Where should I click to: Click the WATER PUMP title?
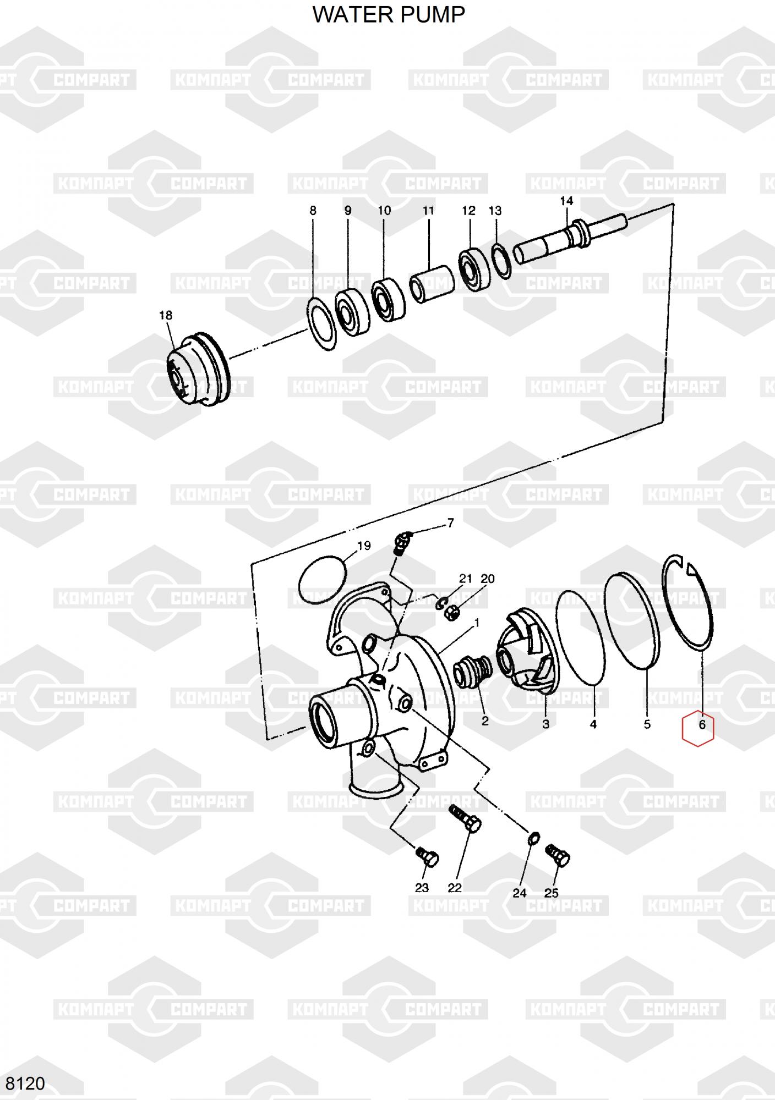click(389, 14)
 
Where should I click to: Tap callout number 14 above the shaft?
click(566, 201)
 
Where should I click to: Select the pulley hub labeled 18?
click(197, 369)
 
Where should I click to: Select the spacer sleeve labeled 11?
click(432, 285)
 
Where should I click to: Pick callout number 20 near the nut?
click(488, 579)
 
